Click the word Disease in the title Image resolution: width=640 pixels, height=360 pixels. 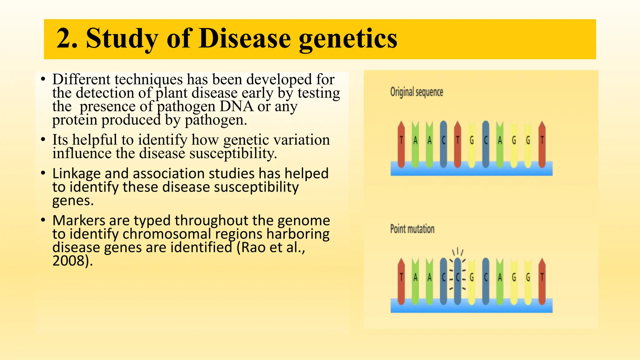point(244,39)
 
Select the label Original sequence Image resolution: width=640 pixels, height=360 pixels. point(417,92)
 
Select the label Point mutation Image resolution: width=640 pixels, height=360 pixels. point(412,229)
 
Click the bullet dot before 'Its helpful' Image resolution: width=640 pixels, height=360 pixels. point(43,140)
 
